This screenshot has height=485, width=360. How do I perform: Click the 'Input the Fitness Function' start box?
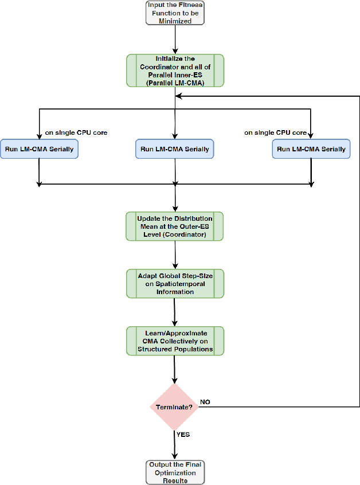point(174,12)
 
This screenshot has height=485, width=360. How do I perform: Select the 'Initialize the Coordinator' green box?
point(174,71)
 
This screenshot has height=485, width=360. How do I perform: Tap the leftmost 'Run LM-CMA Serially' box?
point(39,149)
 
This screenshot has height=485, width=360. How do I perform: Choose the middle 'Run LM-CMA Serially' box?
point(174,149)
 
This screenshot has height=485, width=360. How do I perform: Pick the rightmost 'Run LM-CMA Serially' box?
point(311,149)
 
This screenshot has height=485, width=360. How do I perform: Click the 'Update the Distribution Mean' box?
point(174,226)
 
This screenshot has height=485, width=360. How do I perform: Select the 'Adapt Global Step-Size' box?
point(174,283)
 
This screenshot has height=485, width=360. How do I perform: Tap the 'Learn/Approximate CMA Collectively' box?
point(174,341)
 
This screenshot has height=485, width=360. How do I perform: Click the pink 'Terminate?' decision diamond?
point(174,407)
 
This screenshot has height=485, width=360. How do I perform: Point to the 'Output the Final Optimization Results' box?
point(174,472)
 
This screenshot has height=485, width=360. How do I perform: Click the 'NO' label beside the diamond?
point(205,402)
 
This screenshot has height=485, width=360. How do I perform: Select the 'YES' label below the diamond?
point(183,435)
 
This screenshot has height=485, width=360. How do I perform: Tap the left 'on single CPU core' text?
point(76,133)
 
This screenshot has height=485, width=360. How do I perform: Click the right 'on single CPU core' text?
point(276,133)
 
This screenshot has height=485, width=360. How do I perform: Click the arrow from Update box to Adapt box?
point(174,255)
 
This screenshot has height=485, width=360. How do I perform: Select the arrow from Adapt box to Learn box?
point(174,312)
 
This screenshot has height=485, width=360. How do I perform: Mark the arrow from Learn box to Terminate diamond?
point(174,369)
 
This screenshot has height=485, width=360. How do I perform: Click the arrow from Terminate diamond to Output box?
point(174,445)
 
